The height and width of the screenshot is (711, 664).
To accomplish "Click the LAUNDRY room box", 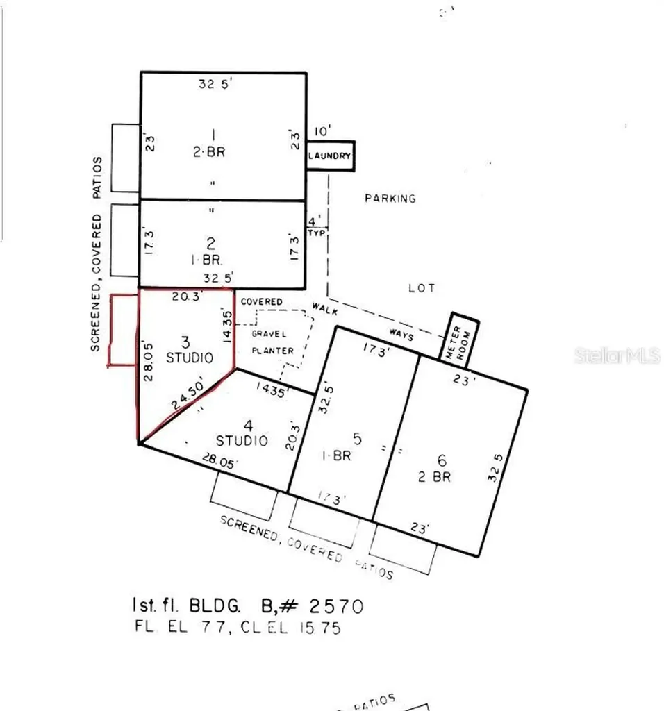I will (330, 156).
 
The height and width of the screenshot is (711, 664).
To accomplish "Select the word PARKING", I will (390, 199).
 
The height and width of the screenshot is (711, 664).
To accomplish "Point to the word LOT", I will (422, 287).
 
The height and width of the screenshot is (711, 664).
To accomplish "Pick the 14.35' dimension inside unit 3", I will (225, 324).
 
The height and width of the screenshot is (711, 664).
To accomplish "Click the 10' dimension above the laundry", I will (323, 131).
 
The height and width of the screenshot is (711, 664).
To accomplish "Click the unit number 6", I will (440, 460).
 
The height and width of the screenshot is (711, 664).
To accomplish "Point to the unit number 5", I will (357, 439).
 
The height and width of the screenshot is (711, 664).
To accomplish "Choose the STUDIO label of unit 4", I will (241, 440).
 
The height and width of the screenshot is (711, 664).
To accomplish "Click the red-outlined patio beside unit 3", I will (122, 330).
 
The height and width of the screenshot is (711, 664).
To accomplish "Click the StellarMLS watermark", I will (617, 356).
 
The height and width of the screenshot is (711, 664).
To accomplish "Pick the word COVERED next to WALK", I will (261, 302).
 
